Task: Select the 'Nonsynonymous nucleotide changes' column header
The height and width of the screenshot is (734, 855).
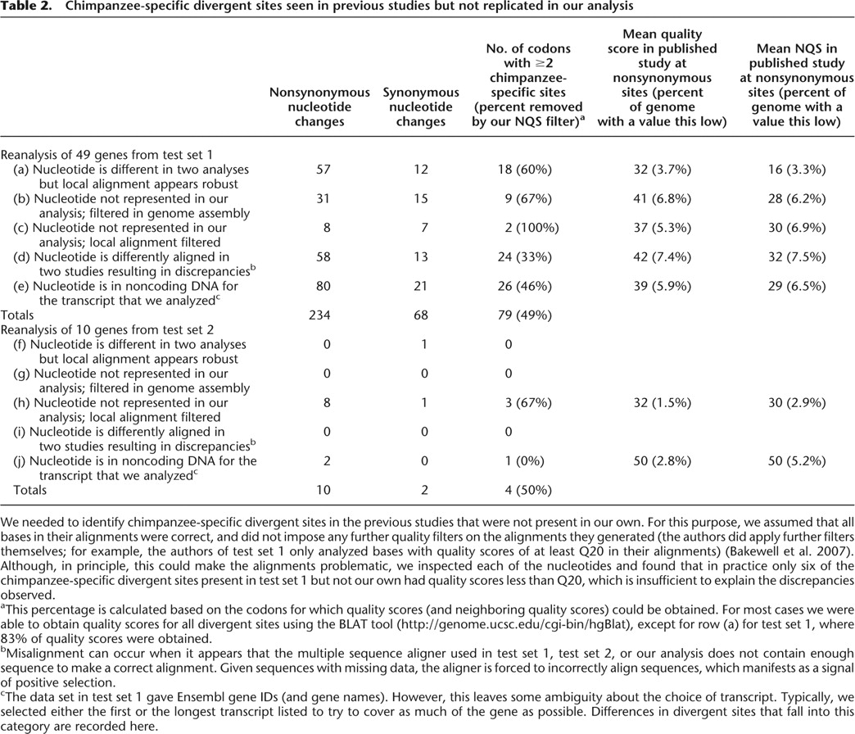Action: (319, 107)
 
